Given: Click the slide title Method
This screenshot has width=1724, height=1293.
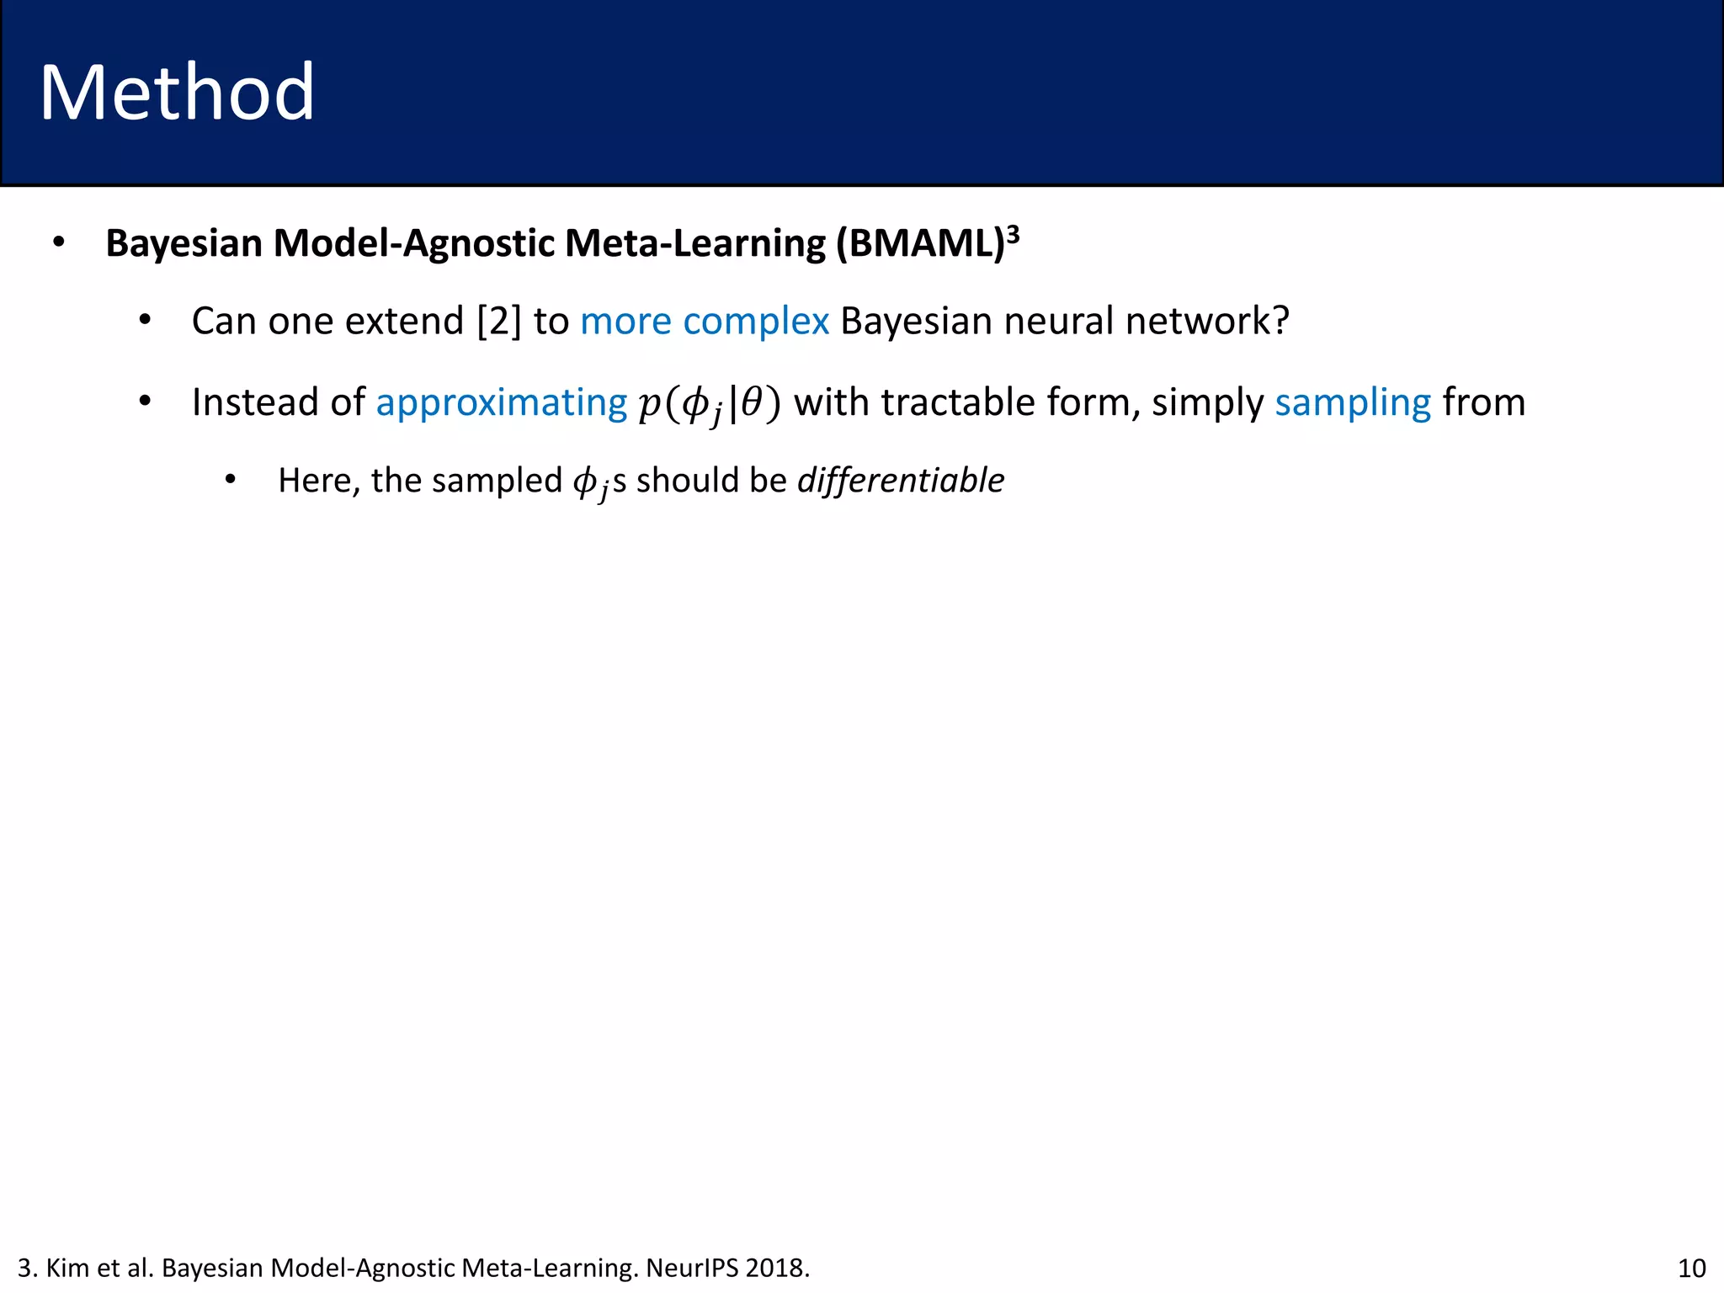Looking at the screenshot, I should (x=177, y=93).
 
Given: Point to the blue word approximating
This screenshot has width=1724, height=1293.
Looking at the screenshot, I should (x=501, y=403).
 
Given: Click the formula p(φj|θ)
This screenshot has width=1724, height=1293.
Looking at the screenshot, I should (x=710, y=403).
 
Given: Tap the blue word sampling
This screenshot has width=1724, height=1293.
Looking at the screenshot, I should (x=1352, y=403).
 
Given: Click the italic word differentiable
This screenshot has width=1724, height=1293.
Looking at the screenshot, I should (x=900, y=481).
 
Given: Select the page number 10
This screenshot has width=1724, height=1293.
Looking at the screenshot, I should (x=1691, y=1268).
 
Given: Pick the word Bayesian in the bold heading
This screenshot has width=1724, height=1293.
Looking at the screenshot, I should (x=184, y=244).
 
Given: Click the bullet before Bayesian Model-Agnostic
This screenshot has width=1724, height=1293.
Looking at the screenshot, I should (x=58, y=243).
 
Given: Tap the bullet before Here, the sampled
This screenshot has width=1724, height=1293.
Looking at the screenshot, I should (x=230, y=481).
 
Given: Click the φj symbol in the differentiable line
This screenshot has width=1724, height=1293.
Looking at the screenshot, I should (x=590, y=483).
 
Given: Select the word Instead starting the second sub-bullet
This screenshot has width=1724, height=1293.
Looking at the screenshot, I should (x=245, y=402).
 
